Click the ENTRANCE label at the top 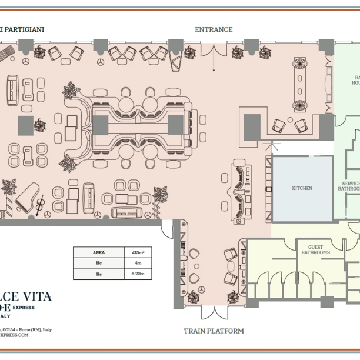tap(214, 29)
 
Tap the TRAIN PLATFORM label tap(214, 331)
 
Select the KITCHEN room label tap(302, 188)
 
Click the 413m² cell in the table tap(138, 252)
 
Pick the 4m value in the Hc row tap(138, 263)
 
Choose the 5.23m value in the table tap(138, 274)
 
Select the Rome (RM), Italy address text tap(29, 329)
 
